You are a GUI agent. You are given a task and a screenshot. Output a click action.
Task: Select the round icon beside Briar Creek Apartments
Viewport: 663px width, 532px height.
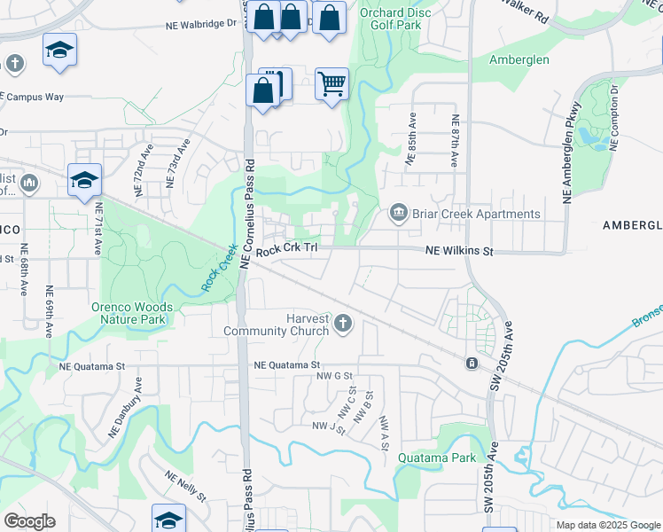pyautogui.click(x=398, y=213)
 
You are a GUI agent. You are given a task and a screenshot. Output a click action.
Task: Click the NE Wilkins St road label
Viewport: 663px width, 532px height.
pyautogui.click(x=458, y=252)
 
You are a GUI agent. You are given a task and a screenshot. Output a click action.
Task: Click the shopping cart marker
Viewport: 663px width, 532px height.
pyautogui.click(x=331, y=85)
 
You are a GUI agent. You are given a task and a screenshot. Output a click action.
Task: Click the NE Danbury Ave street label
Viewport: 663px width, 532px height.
pyautogui.click(x=124, y=407)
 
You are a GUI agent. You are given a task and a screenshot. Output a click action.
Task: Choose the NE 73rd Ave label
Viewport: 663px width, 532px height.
pyautogui.click(x=177, y=162)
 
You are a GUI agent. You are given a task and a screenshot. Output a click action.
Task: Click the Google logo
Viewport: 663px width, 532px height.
pyautogui.click(x=29, y=521)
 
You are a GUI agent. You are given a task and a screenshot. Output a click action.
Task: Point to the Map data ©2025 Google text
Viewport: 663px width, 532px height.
pyautogui.click(x=607, y=525)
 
